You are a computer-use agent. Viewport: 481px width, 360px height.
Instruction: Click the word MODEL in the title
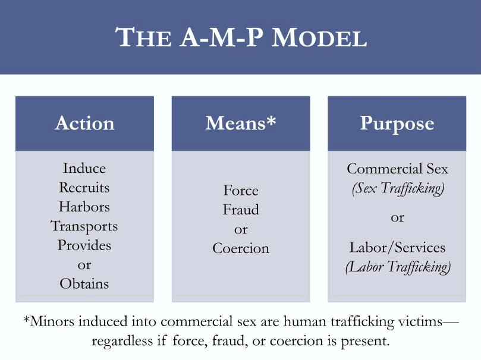point(319,37)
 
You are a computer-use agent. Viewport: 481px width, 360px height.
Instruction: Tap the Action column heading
point(84,123)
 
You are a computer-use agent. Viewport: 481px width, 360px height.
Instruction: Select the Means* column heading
point(241,123)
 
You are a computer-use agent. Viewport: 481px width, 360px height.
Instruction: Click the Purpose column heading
point(397,124)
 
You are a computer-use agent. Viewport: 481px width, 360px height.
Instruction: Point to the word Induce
point(84,168)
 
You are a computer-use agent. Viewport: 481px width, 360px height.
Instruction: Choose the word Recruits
point(84,188)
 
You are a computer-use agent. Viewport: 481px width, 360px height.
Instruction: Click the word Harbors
point(84,207)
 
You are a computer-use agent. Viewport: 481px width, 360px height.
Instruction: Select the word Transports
point(84,227)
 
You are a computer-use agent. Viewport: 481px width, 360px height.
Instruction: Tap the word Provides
point(84,245)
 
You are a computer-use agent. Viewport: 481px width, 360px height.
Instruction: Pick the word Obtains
point(84,284)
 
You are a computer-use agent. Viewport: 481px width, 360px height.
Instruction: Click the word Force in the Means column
point(241,191)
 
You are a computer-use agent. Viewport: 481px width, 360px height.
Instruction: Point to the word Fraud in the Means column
point(241,210)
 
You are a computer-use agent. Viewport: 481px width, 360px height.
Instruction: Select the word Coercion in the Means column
point(241,248)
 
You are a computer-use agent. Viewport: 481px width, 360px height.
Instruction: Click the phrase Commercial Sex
point(398,169)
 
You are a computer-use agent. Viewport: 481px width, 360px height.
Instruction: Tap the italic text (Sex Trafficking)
point(398,188)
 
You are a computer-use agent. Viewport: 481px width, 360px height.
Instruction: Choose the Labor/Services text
point(397,248)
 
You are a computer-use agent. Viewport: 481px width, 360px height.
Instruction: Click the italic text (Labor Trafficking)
point(398,267)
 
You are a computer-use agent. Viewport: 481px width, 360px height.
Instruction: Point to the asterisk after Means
point(271,120)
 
